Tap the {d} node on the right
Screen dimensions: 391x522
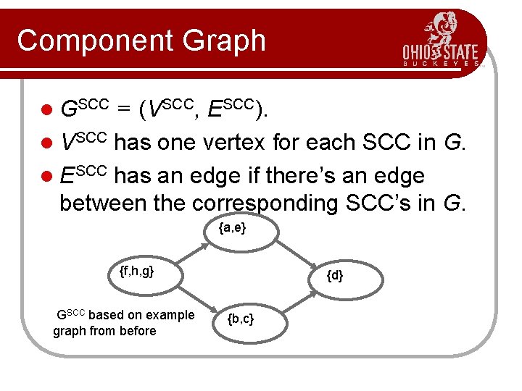click(334, 276)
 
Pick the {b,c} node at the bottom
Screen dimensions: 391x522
click(240, 319)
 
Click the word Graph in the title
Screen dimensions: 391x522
click(228, 41)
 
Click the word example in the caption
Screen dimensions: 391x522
click(170, 315)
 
